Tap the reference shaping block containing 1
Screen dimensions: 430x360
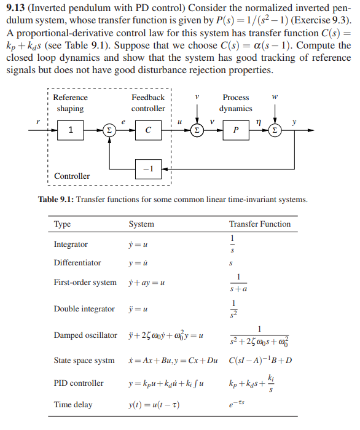(x=71, y=130)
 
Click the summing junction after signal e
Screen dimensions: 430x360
(x=109, y=130)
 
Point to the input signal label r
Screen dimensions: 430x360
(x=39, y=122)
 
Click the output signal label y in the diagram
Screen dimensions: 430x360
(x=294, y=122)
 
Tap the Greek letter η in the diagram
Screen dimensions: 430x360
(x=260, y=122)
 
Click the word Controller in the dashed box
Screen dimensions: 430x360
(x=72, y=176)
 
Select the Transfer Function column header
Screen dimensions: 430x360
(x=260, y=224)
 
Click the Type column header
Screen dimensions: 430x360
(x=62, y=224)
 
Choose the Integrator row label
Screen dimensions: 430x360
(x=71, y=244)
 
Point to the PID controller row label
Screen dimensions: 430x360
(x=79, y=383)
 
